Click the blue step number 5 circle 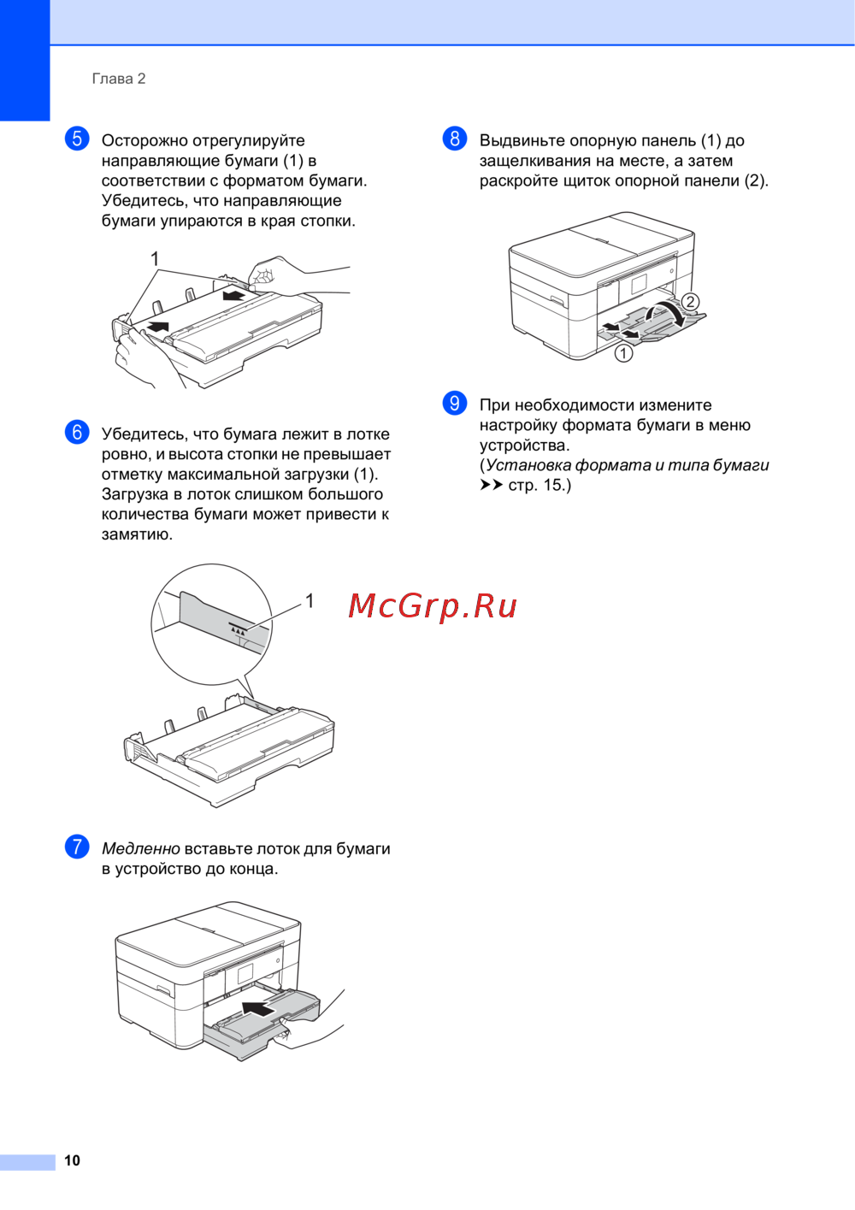pos(77,139)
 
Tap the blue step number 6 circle pos(77,433)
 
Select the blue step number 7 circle pos(77,847)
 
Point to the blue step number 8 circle pos(455,139)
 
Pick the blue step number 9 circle pos(455,403)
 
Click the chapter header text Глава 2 pos(119,79)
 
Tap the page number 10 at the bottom pos(72,1160)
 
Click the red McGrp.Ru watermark pos(433,606)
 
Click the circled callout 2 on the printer pos(690,301)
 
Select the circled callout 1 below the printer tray pos(624,353)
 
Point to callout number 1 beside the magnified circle pos(310,600)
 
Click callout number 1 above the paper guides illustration pos(155,259)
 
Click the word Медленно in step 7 pos(141,848)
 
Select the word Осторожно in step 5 pos(145,140)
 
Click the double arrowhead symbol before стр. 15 pos(492,485)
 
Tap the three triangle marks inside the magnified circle pos(239,629)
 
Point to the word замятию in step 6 pos(137,534)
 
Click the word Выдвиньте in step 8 pos(522,140)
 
